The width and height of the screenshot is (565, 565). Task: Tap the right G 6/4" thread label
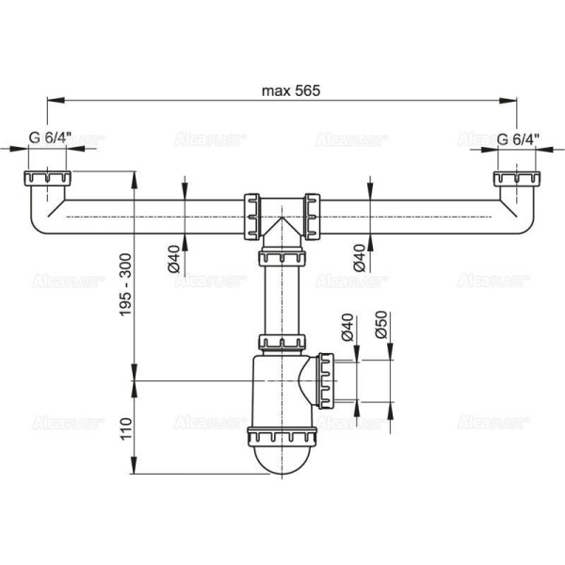pos(518,140)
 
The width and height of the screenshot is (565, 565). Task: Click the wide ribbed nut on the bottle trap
pos(282,435)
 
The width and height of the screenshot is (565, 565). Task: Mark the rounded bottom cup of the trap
pos(282,460)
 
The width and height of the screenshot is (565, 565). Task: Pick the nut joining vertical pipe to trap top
pos(282,342)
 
